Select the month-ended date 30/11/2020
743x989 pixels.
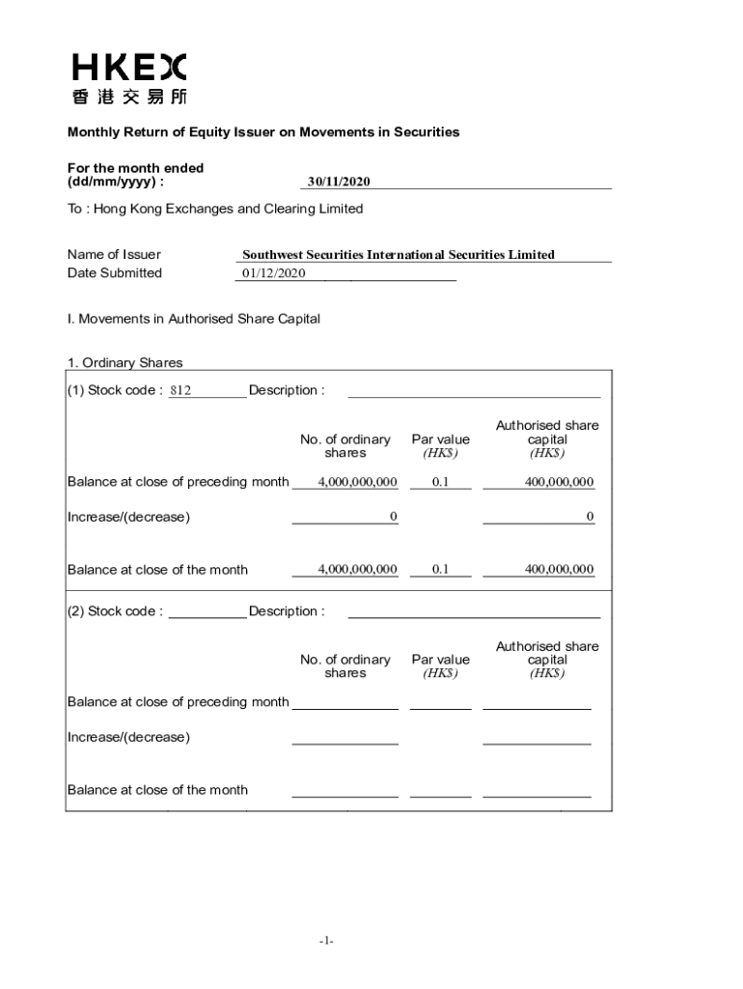339,182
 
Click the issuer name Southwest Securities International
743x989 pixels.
398,255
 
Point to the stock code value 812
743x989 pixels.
180,391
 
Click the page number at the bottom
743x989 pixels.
328,941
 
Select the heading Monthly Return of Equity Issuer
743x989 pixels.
262,132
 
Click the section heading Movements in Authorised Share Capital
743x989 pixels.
193,319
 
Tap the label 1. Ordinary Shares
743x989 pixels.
124,363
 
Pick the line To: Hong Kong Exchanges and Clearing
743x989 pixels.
215,209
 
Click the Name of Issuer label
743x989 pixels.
114,255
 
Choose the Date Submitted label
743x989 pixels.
115,273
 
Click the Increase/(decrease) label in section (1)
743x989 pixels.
128,517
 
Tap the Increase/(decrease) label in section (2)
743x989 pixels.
128,738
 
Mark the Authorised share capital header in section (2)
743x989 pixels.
547,660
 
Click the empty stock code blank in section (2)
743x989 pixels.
206,611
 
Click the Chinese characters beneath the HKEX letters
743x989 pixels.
128,97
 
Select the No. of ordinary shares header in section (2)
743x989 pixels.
344,666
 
